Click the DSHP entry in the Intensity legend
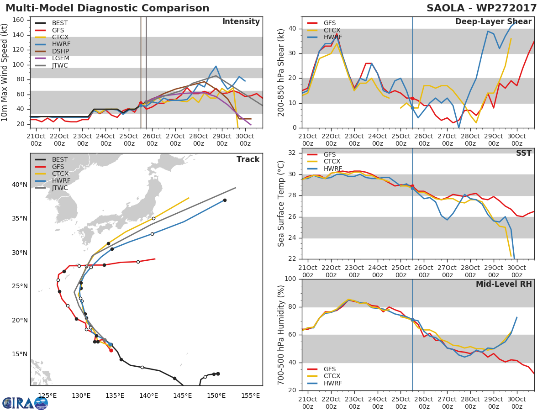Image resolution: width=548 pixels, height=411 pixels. coord(59,51)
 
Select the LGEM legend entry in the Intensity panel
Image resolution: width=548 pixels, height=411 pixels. coord(59,58)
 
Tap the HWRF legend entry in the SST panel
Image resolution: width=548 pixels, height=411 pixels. coord(332,169)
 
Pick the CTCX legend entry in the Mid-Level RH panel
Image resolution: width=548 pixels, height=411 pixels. coord(332,376)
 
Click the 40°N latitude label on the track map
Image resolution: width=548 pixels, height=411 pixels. coord(19,184)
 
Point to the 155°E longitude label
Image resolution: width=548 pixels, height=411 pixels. coord(250,395)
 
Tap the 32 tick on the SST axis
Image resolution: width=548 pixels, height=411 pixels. coord(293,153)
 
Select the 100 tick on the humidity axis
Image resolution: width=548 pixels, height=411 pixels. coord(291,279)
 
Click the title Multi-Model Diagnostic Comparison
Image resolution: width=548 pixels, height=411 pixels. coord(107,8)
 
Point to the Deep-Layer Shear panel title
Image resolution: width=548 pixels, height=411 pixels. coord(493,22)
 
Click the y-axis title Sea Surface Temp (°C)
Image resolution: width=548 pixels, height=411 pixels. coord(281,204)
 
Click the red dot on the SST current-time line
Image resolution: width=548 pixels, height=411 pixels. coord(412,186)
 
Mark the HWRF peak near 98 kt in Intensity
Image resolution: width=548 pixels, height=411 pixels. coord(216,66)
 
